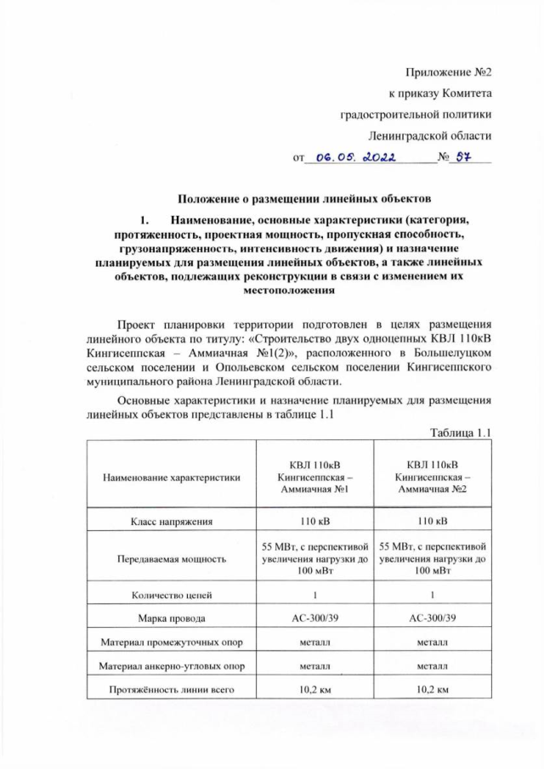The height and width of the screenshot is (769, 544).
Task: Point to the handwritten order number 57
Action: pos(467,156)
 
